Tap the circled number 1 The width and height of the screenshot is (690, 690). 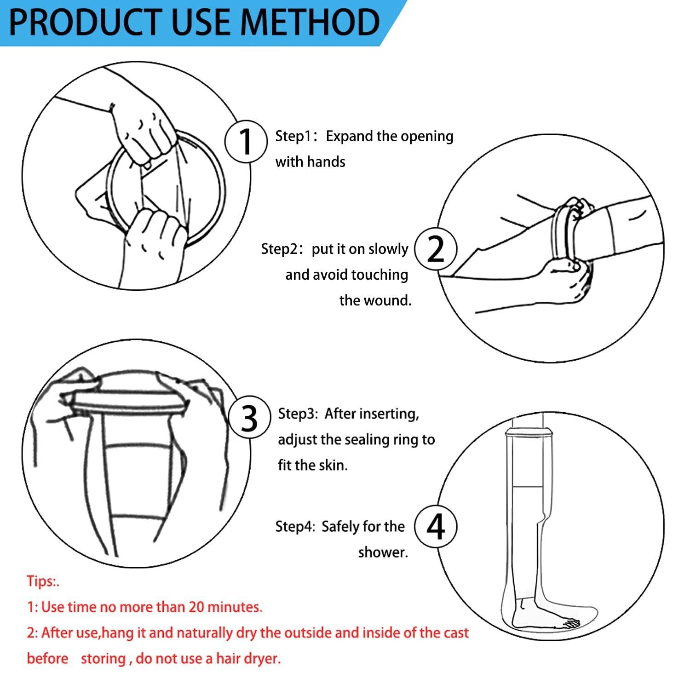click(x=246, y=141)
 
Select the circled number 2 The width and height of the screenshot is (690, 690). click(x=436, y=249)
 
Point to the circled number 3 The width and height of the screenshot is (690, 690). click(x=249, y=418)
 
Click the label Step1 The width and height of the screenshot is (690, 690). click(x=293, y=136)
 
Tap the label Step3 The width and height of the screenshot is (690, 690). click(x=297, y=414)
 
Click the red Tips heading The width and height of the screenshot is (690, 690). click(x=42, y=581)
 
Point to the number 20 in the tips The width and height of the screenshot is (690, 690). click(x=196, y=607)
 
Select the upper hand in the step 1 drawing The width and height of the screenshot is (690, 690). click(x=143, y=129)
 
